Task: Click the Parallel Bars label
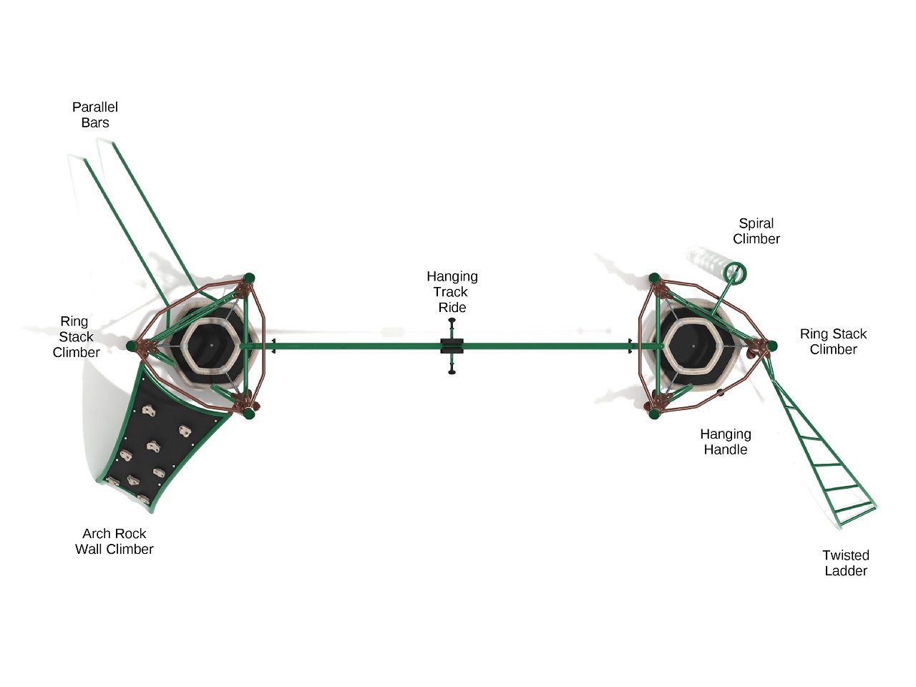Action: [95, 114]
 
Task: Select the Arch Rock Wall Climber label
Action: [114, 541]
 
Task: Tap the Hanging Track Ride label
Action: [452, 291]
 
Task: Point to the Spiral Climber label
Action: [756, 231]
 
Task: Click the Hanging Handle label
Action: [726, 442]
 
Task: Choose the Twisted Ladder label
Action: [846, 562]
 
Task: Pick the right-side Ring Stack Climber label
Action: [833, 341]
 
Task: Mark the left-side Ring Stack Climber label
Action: [76, 336]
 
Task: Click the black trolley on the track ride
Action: [452, 346]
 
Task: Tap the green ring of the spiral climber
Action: [735, 273]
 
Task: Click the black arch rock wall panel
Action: [165, 444]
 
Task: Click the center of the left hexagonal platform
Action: [211, 346]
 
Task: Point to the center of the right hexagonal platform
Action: [693, 346]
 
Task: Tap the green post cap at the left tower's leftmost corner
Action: [132, 346]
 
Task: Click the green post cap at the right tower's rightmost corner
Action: [772, 346]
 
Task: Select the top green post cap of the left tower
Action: [249, 278]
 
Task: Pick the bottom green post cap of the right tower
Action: [654, 414]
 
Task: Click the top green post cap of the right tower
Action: [654, 278]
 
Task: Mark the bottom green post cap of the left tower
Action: [249, 414]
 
